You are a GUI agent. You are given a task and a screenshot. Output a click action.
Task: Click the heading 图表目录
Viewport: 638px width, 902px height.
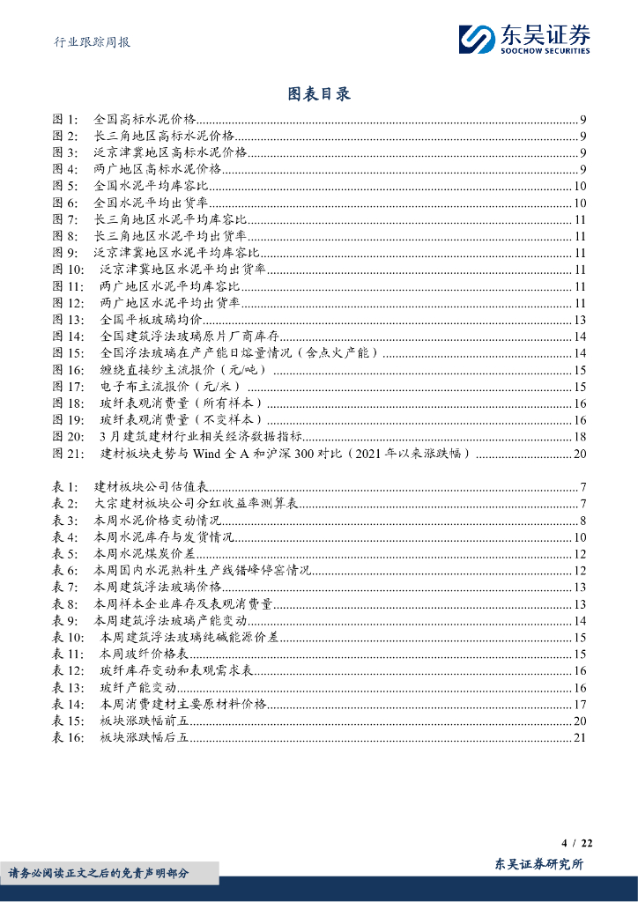[x=319, y=94]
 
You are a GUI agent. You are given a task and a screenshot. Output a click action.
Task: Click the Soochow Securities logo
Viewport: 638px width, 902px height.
[x=524, y=39]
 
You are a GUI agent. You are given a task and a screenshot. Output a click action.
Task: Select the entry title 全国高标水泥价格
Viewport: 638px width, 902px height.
[x=145, y=119]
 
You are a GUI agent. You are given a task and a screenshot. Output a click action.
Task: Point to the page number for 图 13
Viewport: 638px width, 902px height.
[x=579, y=320]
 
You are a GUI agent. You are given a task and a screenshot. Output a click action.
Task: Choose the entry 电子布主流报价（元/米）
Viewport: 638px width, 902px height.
[x=174, y=387]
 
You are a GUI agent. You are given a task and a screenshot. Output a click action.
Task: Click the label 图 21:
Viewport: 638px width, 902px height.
[x=70, y=454]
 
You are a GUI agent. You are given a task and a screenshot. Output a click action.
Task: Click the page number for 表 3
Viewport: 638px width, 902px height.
[x=582, y=521]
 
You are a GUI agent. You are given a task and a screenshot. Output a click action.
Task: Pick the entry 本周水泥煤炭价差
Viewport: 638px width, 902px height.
[x=144, y=554]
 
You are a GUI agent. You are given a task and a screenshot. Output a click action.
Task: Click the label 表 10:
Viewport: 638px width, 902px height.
[x=70, y=637]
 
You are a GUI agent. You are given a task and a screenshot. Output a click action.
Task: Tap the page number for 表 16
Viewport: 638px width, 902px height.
[x=579, y=737]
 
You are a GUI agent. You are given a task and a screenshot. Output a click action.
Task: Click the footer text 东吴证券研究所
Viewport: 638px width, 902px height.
[x=539, y=865]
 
